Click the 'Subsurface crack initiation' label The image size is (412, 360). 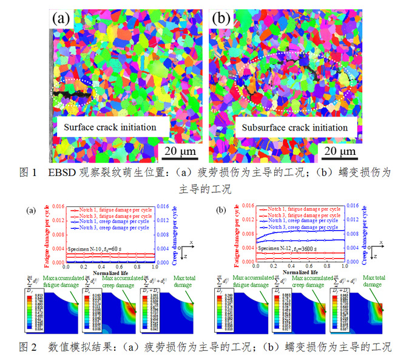pyautogui.click(x=295, y=127)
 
